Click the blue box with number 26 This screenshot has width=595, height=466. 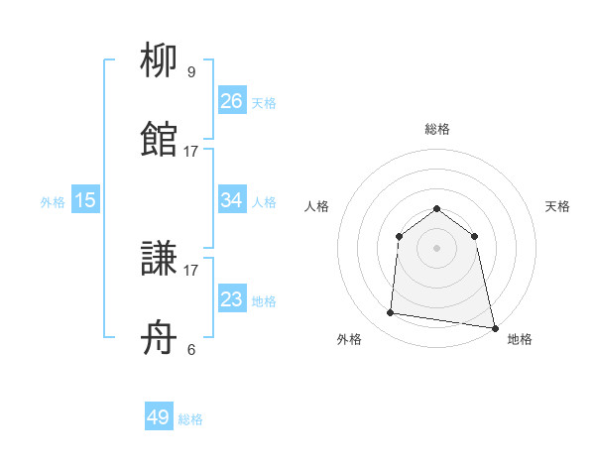[231, 101]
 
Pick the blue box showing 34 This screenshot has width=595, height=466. [231, 200]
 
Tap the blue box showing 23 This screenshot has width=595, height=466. [231, 299]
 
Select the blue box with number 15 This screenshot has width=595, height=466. [85, 200]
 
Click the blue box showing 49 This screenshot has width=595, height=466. [159, 417]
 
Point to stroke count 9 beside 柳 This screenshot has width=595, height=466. [191, 71]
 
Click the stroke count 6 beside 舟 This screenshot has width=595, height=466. [191, 349]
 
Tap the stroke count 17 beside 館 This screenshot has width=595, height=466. [191, 151]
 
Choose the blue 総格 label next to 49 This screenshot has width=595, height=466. [190, 419]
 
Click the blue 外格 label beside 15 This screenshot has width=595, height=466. [53, 202]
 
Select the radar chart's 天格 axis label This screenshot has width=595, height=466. [557, 206]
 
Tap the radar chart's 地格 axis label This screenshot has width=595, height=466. [520, 339]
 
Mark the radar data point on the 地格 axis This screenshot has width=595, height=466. [494, 327]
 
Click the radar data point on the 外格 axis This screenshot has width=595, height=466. [391, 313]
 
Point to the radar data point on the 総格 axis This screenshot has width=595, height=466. [436, 208]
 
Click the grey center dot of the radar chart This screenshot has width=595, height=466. [436, 248]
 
